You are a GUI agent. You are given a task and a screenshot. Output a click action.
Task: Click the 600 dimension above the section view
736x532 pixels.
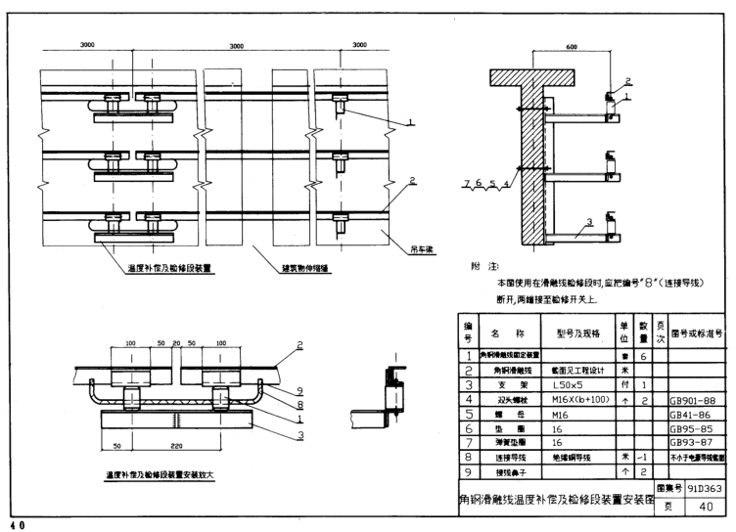(x=571, y=48)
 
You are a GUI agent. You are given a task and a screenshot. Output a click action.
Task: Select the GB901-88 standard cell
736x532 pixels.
(x=694, y=400)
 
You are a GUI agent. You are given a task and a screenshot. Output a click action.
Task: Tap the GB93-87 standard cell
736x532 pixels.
(x=694, y=442)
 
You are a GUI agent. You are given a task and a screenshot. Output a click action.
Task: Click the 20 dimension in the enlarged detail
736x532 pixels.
(x=177, y=344)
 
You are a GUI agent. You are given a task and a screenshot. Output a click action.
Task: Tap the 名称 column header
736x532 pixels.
(x=500, y=332)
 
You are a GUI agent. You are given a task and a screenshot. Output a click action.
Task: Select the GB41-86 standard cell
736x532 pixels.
(x=694, y=414)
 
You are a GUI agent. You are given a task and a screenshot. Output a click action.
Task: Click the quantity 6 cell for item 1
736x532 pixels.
(x=644, y=357)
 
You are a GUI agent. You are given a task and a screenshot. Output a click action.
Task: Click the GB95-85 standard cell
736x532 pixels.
(x=694, y=428)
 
